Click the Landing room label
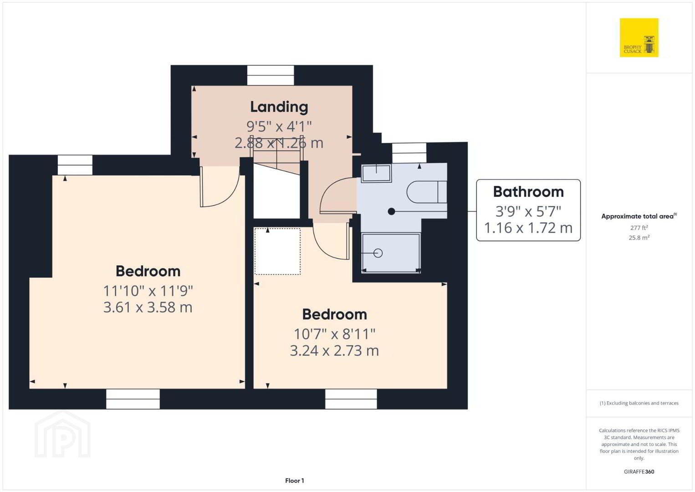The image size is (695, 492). pyautogui.click(x=279, y=107)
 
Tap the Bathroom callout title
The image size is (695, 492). pyautogui.click(x=528, y=192)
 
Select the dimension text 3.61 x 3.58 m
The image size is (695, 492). pyautogui.click(x=148, y=307)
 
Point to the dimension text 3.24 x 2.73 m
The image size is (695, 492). pyautogui.click(x=334, y=351)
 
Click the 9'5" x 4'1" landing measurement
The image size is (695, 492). pyautogui.click(x=279, y=126)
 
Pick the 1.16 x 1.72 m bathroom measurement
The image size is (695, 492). pyautogui.click(x=528, y=228)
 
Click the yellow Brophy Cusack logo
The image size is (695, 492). pyautogui.click(x=639, y=37)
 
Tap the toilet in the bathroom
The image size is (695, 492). pyautogui.click(x=427, y=192)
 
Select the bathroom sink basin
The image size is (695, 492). pyautogui.click(x=376, y=173)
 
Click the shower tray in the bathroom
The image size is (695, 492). pyautogui.click(x=391, y=253)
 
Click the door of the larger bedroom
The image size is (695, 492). pyautogui.click(x=220, y=187)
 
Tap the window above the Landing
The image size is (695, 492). pyautogui.click(x=271, y=75)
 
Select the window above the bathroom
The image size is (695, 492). pyautogui.click(x=409, y=153)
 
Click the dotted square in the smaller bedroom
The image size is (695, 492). pyautogui.click(x=277, y=251)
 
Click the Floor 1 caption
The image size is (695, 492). pyautogui.click(x=295, y=481)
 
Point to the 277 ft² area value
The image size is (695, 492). pyautogui.click(x=639, y=227)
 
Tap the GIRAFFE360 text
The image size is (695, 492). pyautogui.click(x=639, y=471)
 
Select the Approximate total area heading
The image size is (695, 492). pyautogui.click(x=639, y=216)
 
